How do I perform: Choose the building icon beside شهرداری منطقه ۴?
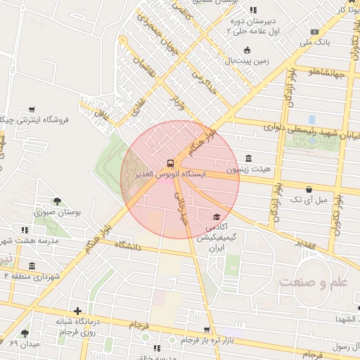click(x=32, y=265)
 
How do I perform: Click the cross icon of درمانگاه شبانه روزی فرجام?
click(x=77, y=310)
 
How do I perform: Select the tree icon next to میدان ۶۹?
click(x=25, y=333)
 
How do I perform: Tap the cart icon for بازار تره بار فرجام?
click(x=206, y=329)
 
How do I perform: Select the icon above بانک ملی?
click(x=314, y=32)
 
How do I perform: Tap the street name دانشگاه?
click(x=127, y=247)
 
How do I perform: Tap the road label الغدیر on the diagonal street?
click(x=322, y=247)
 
